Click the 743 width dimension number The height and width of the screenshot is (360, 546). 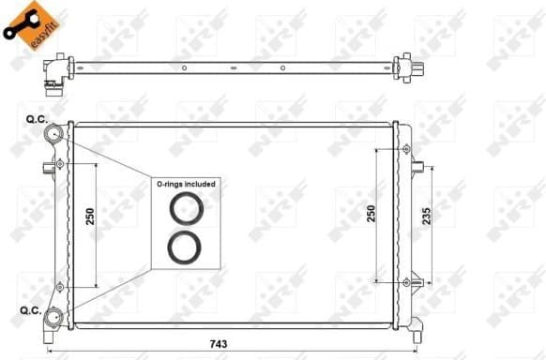tap(220, 344)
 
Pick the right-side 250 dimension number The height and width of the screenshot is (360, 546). tap(372, 214)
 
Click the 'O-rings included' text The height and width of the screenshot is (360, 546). tap(186, 185)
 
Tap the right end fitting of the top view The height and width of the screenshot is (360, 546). tap(409, 67)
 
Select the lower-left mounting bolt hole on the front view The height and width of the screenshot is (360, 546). tap(61, 286)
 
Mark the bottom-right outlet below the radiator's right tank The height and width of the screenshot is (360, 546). tap(414, 280)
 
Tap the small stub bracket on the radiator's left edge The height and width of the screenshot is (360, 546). tap(48, 170)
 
